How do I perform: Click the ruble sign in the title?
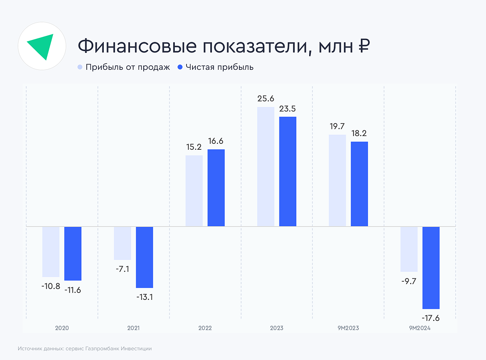tap(363, 46)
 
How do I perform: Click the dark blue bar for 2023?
tap(287, 172)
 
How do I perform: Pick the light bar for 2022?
tap(194, 190)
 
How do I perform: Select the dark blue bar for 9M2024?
tap(431, 268)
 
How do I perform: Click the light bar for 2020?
tap(51, 251)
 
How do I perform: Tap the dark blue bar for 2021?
tap(145, 257)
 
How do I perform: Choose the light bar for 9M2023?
tap(337, 180)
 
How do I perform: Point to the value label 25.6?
tap(266, 99)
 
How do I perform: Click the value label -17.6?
tap(430, 318)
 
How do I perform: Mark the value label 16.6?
tap(216, 141)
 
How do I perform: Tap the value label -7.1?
tap(122, 269)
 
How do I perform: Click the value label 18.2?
tap(359, 134)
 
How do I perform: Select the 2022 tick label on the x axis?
tap(205, 328)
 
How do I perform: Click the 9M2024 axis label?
tap(420, 328)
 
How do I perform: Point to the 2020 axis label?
tap(62, 328)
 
